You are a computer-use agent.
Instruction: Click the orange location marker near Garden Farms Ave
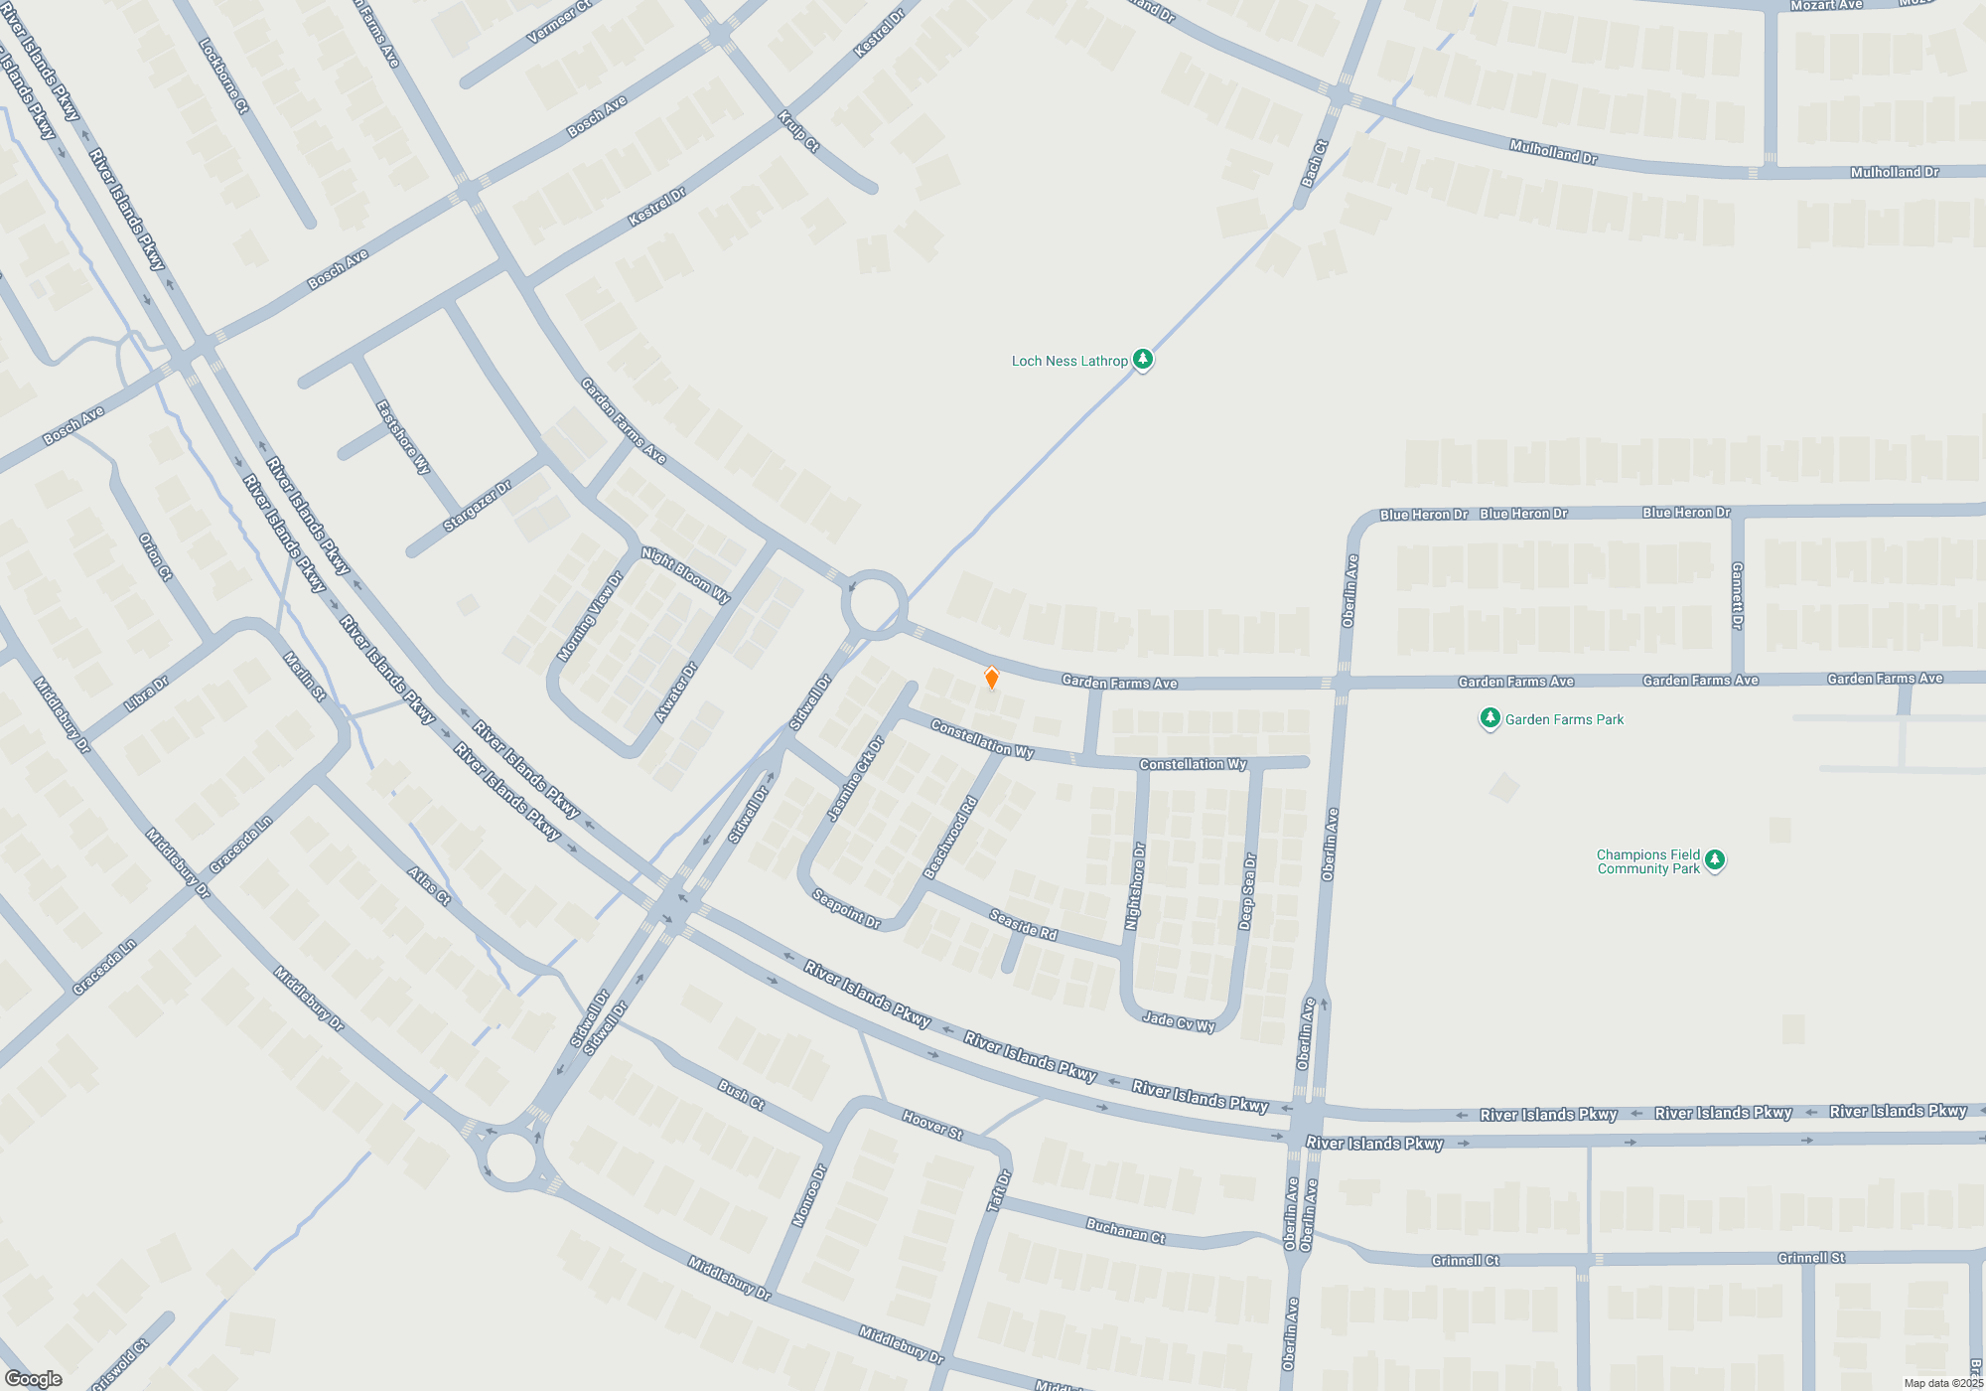pos(991,678)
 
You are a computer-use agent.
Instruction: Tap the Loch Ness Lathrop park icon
pos(1143,360)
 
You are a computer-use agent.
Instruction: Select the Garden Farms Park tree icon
pos(1489,718)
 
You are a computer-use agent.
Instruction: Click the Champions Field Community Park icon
pos(1715,860)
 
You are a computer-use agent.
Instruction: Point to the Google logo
pos(33,1378)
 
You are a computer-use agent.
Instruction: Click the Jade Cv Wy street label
pos(1179,1021)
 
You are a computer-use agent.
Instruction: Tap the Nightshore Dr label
pos(1135,886)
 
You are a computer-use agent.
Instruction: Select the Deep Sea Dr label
pos(1247,891)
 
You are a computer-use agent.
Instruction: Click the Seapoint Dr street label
pos(846,908)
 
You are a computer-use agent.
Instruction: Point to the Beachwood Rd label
pos(950,837)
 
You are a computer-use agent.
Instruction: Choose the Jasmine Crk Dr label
pos(855,779)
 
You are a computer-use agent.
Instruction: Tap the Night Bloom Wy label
pos(685,575)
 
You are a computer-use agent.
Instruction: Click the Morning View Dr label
pos(590,617)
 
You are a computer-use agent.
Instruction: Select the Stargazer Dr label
pos(477,506)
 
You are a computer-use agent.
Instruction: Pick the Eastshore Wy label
pos(403,437)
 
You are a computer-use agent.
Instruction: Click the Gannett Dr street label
pos(1737,595)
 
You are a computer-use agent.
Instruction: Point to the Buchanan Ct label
pos(1125,1231)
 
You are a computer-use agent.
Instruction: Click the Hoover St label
pos(932,1125)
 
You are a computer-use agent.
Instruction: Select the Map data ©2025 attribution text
pos(1942,1383)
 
